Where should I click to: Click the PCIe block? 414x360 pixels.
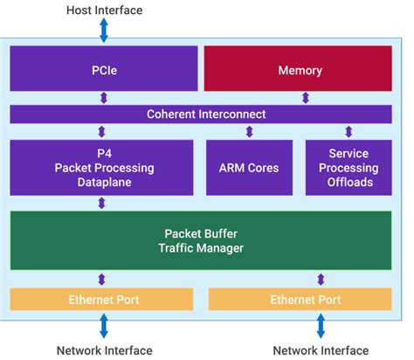point(104,69)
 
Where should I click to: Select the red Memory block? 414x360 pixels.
point(300,69)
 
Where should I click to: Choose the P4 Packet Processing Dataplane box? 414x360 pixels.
point(101,167)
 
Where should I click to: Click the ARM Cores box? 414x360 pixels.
point(249,167)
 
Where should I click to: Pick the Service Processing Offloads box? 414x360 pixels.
point(348,167)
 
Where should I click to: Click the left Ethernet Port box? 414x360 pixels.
point(103,300)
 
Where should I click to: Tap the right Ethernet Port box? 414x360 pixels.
point(305,300)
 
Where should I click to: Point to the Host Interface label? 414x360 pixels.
point(104,10)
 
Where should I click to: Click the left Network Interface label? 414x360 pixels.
point(104,350)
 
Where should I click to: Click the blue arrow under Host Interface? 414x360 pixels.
point(104,31)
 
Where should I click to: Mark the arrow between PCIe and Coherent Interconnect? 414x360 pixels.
point(104,98)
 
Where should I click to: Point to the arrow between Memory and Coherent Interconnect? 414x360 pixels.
point(300,98)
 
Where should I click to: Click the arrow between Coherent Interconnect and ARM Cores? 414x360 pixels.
point(249,132)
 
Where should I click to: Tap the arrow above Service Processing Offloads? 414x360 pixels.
point(348,132)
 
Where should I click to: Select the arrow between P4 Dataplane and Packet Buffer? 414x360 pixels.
point(102,203)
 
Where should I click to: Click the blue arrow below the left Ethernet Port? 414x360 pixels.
point(104,326)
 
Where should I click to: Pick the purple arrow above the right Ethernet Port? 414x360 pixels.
point(321,280)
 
